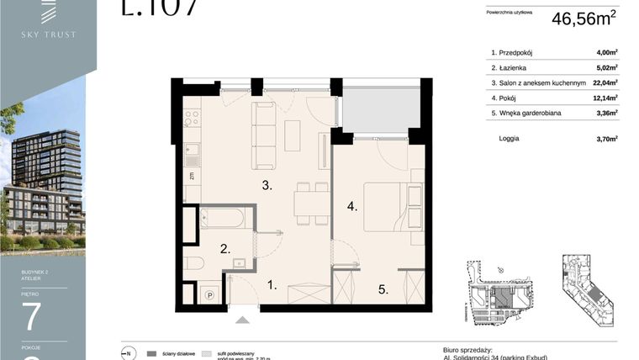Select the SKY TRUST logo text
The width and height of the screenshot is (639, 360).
pos(48,34)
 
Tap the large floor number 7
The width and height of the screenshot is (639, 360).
pos(31,319)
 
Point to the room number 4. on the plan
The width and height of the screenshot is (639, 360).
pos(352,204)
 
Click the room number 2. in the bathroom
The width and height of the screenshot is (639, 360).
pos(225,249)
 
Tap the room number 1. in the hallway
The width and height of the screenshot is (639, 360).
pos(271,286)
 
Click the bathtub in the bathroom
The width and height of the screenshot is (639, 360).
pos(223,219)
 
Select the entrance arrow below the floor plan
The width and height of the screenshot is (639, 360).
pos(242,319)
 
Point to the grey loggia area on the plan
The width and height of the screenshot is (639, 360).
pos(375,108)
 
